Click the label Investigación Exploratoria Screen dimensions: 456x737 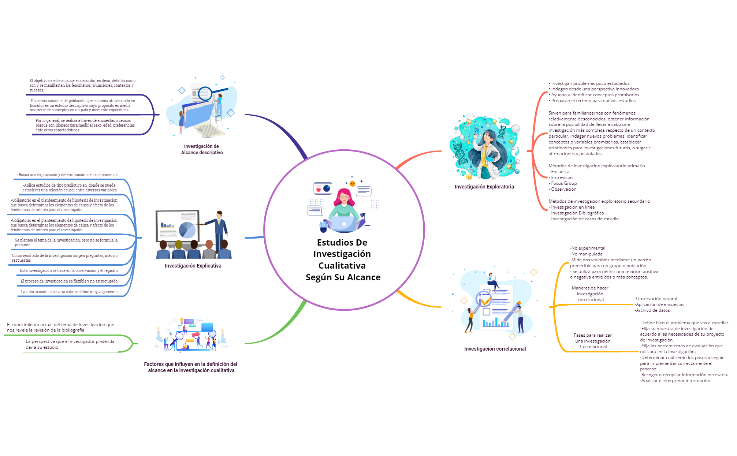pos(484,187)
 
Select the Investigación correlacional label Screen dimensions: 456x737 pos(495,349)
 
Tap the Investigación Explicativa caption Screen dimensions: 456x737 pos(193,266)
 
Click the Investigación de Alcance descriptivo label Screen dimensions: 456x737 pos(202,149)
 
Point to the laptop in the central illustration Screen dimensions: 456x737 pos(343,223)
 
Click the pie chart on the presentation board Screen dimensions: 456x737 pos(187,230)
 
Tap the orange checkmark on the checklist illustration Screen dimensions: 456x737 pos(485,301)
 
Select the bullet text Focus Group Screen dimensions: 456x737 pos(564,183)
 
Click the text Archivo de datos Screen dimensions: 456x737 pos(652,310)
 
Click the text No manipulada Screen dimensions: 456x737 pos(586,254)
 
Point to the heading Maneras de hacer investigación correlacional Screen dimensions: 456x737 pos(590,294)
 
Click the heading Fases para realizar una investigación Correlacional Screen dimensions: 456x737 pos(593,341)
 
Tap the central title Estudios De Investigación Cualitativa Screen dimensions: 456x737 pos(343,259)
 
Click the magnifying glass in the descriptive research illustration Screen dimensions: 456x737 pos(205,93)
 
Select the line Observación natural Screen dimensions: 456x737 pos(656,299)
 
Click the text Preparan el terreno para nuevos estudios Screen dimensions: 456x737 pos(593,101)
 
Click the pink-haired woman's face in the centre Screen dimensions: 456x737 pos(344,197)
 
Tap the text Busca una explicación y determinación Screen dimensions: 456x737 pos(68,175)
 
